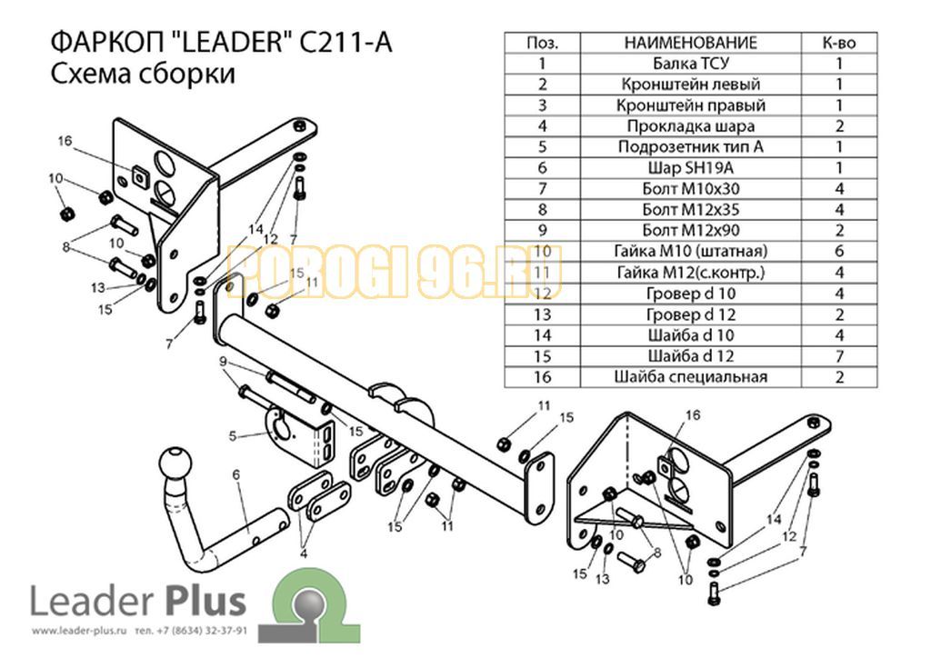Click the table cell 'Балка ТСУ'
coord(691,64)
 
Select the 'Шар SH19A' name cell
coord(691,168)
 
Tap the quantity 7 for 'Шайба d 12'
coord(839,356)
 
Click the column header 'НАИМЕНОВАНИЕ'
coord(691,43)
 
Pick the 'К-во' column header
coord(839,43)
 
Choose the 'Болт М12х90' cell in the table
coord(691,230)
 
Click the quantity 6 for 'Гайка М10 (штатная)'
coord(839,251)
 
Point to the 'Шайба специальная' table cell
coord(691,377)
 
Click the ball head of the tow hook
coord(176,462)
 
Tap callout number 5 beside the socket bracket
coord(232,436)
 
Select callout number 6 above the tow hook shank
coord(236,474)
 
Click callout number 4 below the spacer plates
coord(304,554)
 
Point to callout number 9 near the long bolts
coord(223,362)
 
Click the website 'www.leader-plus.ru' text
coord(80,631)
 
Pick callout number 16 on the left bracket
coord(65,141)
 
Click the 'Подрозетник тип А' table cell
coord(691,146)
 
